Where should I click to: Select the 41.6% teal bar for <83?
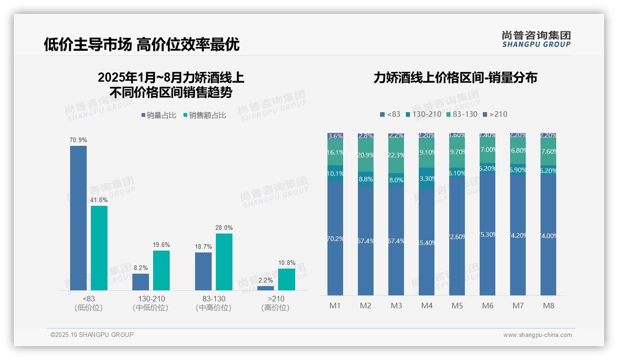click(x=99, y=248)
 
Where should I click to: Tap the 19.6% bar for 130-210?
click(x=161, y=270)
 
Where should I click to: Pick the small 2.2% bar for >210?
click(x=266, y=288)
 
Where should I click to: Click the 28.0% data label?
click(x=224, y=228)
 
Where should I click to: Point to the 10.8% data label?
click(x=286, y=263)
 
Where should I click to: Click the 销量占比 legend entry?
click(x=159, y=115)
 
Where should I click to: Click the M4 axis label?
click(x=427, y=306)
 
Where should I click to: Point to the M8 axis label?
click(x=548, y=306)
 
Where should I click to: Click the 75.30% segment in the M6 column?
click(x=487, y=234)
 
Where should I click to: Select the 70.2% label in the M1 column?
click(x=335, y=239)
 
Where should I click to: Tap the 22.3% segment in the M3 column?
click(x=396, y=155)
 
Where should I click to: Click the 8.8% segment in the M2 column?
click(x=366, y=179)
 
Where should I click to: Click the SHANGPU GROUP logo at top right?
click(x=536, y=39)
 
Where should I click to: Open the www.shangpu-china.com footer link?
click(x=537, y=335)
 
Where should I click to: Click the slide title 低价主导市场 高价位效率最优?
click(x=142, y=45)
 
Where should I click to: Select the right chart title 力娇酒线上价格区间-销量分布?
click(x=455, y=78)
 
